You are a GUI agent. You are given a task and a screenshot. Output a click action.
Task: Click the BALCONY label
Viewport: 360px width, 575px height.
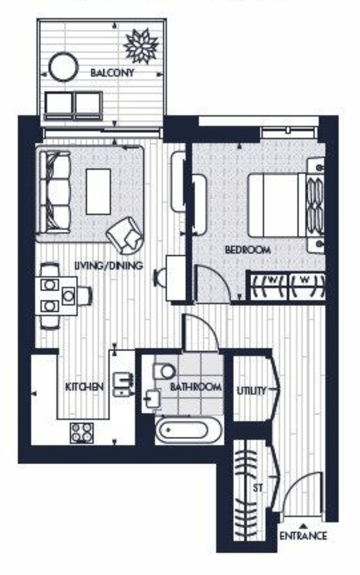[112, 72]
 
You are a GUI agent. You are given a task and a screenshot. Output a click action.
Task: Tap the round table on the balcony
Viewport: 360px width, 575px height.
[63, 67]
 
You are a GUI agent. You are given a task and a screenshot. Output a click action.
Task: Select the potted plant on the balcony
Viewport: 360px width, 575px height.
[141, 46]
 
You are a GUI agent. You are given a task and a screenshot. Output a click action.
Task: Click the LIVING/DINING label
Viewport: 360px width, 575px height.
[108, 265]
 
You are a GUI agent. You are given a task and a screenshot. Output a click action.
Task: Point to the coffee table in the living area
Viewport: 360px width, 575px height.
[98, 191]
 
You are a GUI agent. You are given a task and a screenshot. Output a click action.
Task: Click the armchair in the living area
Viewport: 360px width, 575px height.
[124, 235]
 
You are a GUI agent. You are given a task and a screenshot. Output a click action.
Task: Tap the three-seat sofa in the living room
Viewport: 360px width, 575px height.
[55, 192]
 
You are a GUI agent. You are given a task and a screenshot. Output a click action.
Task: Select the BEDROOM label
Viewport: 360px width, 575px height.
[248, 250]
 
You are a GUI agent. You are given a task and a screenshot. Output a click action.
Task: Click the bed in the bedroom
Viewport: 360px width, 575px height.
[286, 205]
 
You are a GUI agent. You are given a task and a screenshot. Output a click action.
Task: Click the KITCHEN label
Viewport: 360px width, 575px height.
[84, 387]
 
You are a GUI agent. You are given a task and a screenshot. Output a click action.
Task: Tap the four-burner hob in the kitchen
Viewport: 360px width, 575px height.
[82, 433]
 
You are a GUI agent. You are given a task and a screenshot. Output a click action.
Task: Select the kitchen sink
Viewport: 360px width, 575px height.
[124, 385]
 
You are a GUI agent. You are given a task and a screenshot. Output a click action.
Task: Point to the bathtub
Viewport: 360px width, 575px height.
[188, 430]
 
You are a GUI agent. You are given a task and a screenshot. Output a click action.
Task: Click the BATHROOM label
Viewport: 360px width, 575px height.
[196, 387]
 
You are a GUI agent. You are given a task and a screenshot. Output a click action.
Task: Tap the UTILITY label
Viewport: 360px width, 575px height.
[251, 390]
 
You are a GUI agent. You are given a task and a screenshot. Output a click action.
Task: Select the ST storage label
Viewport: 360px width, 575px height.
[258, 488]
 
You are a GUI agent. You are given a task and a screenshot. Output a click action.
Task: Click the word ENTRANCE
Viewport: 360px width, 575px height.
[303, 536]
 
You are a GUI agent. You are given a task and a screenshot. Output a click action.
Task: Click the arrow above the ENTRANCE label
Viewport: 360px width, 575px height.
[303, 525]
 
